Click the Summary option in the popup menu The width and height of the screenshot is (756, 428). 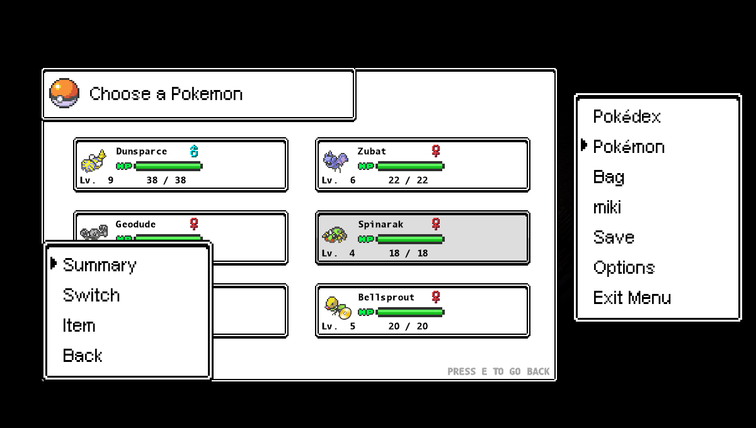pyautogui.click(x=99, y=265)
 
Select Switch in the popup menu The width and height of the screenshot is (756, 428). pyautogui.click(x=91, y=295)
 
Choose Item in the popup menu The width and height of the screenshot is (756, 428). pyautogui.click(x=79, y=325)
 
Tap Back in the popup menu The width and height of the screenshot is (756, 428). pyautogui.click(x=82, y=356)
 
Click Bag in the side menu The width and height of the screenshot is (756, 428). pyautogui.click(x=609, y=177)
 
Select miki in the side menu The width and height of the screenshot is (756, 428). pyautogui.click(x=607, y=207)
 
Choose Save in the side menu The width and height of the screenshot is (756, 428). pyautogui.click(x=613, y=237)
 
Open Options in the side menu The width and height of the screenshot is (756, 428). pyautogui.click(x=624, y=267)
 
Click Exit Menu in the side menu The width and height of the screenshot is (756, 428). pyautogui.click(x=631, y=298)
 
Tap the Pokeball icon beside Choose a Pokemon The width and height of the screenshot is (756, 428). pyautogui.click(x=64, y=93)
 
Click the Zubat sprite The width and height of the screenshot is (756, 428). pyautogui.click(x=335, y=160)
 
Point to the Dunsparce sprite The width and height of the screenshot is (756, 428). pyautogui.click(x=93, y=161)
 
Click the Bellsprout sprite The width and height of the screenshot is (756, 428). pyautogui.click(x=336, y=307)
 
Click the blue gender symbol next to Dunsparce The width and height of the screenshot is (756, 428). pyautogui.click(x=194, y=151)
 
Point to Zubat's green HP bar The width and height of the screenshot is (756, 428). pyautogui.click(x=409, y=166)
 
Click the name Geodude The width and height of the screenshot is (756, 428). pyautogui.click(x=135, y=224)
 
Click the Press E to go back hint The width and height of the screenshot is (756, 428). pyautogui.click(x=498, y=371)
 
